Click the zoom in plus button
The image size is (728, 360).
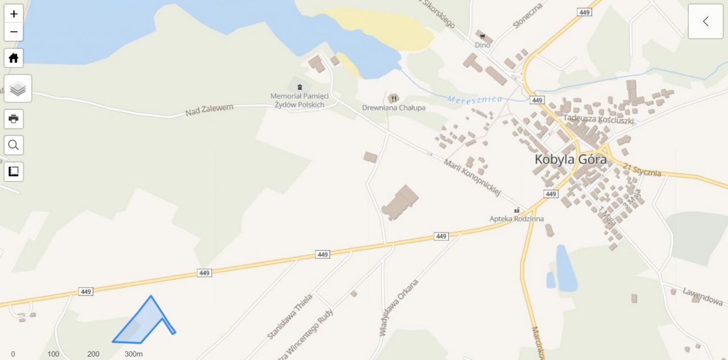pyautogui.click(x=14, y=14)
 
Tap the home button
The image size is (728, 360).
pyautogui.click(x=14, y=58)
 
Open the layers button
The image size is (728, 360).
pyautogui.click(x=18, y=88)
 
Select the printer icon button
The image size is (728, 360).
pyautogui.click(x=14, y=119)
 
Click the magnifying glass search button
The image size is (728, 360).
pyautogui.click(x=14, y=145)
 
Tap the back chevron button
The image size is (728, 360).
pyautogui.click(x=705, y=22)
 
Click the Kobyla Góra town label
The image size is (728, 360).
pyautogui.click(x=570, y=159)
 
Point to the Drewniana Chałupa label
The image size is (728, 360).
pyautogui.click(x=394, y=107)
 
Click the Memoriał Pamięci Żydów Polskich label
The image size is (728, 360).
pyautogui.click(x=299, y=101)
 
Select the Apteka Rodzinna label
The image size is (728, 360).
pyautogui.click(x=516, y=218)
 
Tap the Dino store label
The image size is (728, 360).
pyautogui.click(x=482, y=44)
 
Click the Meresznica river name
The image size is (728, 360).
pyautogui.click(x=475, y=100)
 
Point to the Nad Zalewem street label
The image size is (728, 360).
pyautogui.click(x=209, y=110)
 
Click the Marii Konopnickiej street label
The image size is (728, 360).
pyautogui.click(x=472, y=177)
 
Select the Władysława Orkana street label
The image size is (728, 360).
pyautogui.click(x=399, y=307)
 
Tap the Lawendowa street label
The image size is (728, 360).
pyautogui.click(x=702, y=296)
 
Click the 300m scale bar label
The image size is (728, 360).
pyautogui.click(x=134, y=354)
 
